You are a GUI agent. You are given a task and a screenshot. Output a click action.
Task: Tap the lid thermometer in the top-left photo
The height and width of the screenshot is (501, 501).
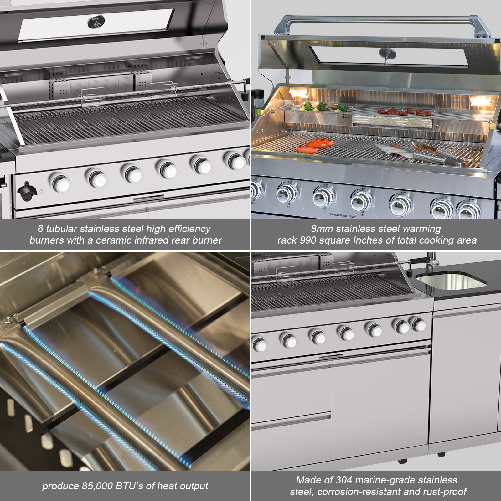pos(96,21)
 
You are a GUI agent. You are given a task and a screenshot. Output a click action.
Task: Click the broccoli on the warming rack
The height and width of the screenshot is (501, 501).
pos(320,107)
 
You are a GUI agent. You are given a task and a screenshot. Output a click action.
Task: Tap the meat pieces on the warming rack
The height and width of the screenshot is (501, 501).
pos(404,111)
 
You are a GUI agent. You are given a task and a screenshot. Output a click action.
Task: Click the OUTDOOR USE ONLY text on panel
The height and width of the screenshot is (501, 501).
pos(343,215)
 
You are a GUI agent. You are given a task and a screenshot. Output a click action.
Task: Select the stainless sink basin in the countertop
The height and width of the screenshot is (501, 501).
pos(451,280)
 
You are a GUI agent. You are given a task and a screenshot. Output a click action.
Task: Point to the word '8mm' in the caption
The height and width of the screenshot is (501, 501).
pos(322,229)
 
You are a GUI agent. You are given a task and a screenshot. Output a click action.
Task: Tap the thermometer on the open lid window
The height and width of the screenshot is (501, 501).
pos(387,53)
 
